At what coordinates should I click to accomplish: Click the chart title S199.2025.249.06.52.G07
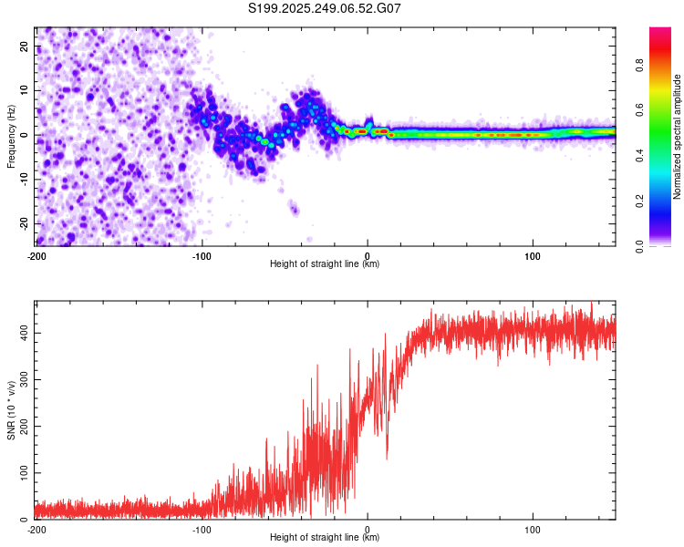click(x=325, y=8)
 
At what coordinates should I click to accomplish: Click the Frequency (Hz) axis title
click(x=10, y=135)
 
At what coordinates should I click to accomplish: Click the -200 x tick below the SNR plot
click(x=36, y=529)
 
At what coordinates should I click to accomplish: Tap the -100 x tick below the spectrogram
click(x=202, y=255)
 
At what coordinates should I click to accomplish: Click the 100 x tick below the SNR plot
click(x=533, y=529)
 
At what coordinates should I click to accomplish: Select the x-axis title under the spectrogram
click(x=325, y=264)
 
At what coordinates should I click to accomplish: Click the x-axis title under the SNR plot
click(x=325, y=538)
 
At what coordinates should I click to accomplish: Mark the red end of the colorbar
click(x=661, y=33)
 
